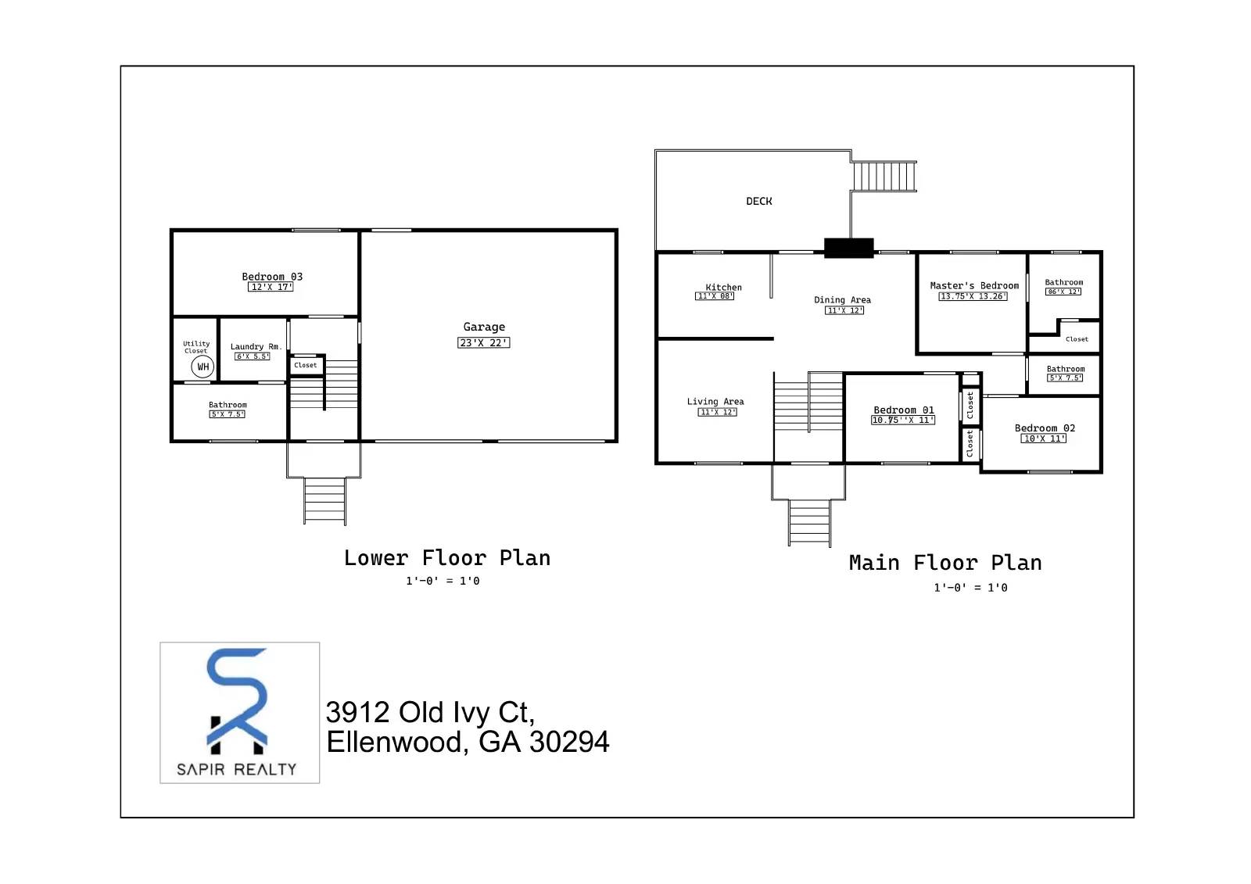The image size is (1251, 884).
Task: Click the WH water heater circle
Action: [203, 367]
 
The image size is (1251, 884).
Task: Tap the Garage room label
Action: [484, 327]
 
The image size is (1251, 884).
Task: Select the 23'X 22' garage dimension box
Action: [483, 342]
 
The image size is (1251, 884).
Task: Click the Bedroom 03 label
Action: [271, 277]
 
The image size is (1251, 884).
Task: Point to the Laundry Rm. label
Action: [255, 346]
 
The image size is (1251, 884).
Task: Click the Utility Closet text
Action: [196, 347]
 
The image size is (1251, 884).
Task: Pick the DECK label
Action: [758, 201]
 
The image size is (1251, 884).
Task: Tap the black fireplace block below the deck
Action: [848, 248]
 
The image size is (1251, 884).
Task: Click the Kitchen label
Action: [723, 287]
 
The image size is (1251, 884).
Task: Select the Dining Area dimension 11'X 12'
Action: [844, 310]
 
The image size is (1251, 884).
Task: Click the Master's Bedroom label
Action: [974, 285]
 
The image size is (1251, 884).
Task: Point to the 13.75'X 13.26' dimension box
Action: [973, 296]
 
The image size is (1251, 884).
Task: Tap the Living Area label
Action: [715, 401]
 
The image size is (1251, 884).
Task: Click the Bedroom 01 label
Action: [903, 410]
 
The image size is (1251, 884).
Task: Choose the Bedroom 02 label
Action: [1045, 428]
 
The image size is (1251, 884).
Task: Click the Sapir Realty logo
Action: [239, 712]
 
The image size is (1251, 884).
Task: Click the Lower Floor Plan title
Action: [447, 558]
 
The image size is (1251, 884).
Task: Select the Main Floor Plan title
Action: [945, 563]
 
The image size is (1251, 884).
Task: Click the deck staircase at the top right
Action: [884, 176]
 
